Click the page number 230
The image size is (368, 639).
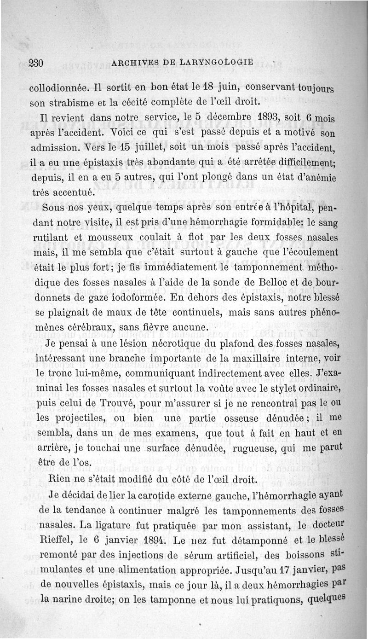[x=35, y=64]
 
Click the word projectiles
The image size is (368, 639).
[x=81, y=418]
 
